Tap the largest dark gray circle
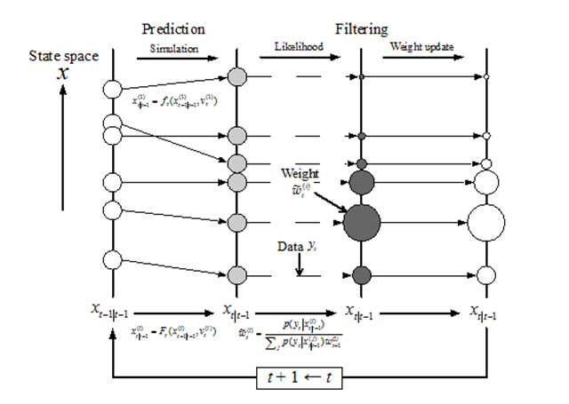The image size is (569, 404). coord(361,221)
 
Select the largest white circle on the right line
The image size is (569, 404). coord(485,221)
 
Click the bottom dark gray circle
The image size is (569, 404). coord(361,274)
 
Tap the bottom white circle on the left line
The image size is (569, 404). coord(112,260)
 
